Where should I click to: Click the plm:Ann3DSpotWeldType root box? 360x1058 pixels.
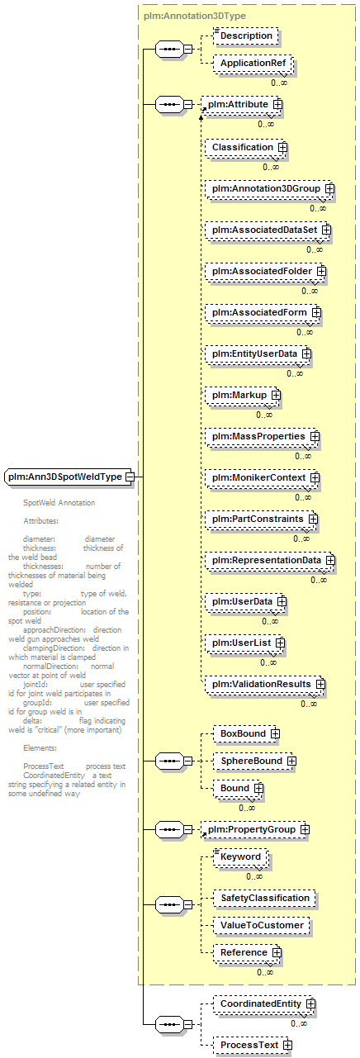pos(69,477)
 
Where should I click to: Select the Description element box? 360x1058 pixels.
pos(246,36)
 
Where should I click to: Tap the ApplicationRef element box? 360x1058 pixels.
pos(253,64)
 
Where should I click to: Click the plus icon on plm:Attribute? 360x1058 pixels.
pos(277,104)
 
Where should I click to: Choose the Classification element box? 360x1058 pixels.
pos(246,147)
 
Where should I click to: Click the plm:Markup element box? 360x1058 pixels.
pos(243,396)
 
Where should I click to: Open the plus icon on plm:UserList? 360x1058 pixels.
pos(280,643)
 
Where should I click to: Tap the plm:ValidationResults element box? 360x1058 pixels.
pos(265,685)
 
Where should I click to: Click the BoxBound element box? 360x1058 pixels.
pos(247,733)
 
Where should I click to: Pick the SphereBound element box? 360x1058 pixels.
pos(254,761)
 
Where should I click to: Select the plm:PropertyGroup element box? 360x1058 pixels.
pos(255,829)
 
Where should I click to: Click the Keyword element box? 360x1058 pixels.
pos(240,856)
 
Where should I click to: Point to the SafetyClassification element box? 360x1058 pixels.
pos(264,898)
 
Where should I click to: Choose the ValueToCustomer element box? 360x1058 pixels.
pos(262,925)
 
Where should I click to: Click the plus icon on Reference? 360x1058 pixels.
pos(277,952)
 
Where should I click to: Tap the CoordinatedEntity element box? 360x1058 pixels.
pos(264,1003)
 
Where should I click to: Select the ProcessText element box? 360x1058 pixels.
pos(253,1045)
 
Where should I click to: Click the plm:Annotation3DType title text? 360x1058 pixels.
pos(195,16)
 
